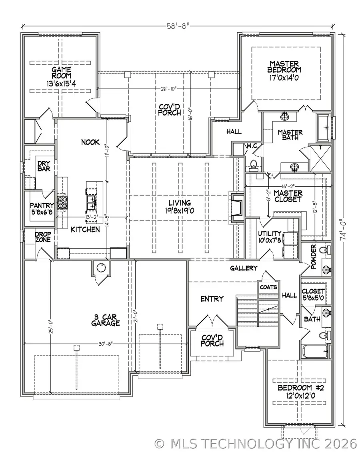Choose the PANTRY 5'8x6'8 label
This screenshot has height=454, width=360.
pyautogui.click(x=42, y=209)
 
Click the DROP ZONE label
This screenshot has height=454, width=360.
pyautogui.click(x=42, y=237)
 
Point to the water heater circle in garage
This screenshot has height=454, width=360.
pyautogui.click(x=100, y=267)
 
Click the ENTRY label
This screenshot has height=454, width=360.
pyautogui.click(x=212, y=299)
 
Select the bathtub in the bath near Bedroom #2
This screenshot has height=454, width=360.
pyautogui.click(x=316, y=352)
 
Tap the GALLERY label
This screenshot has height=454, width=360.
pyautogui.click(x=244, y=268)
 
